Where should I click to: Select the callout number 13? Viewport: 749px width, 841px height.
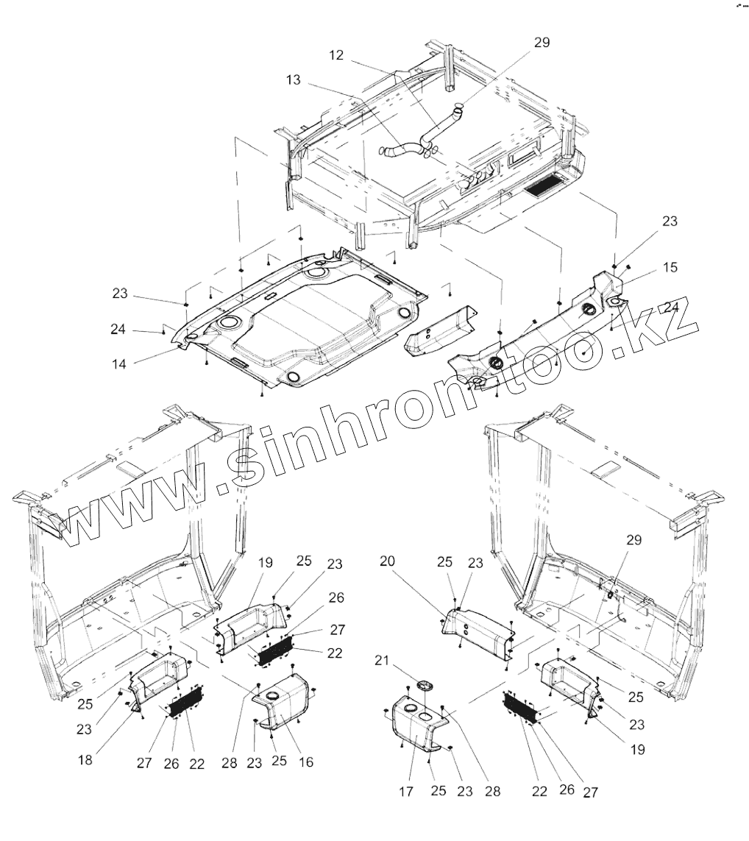[x=294, y=80]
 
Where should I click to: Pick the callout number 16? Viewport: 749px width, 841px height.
[x=306, y=762]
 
